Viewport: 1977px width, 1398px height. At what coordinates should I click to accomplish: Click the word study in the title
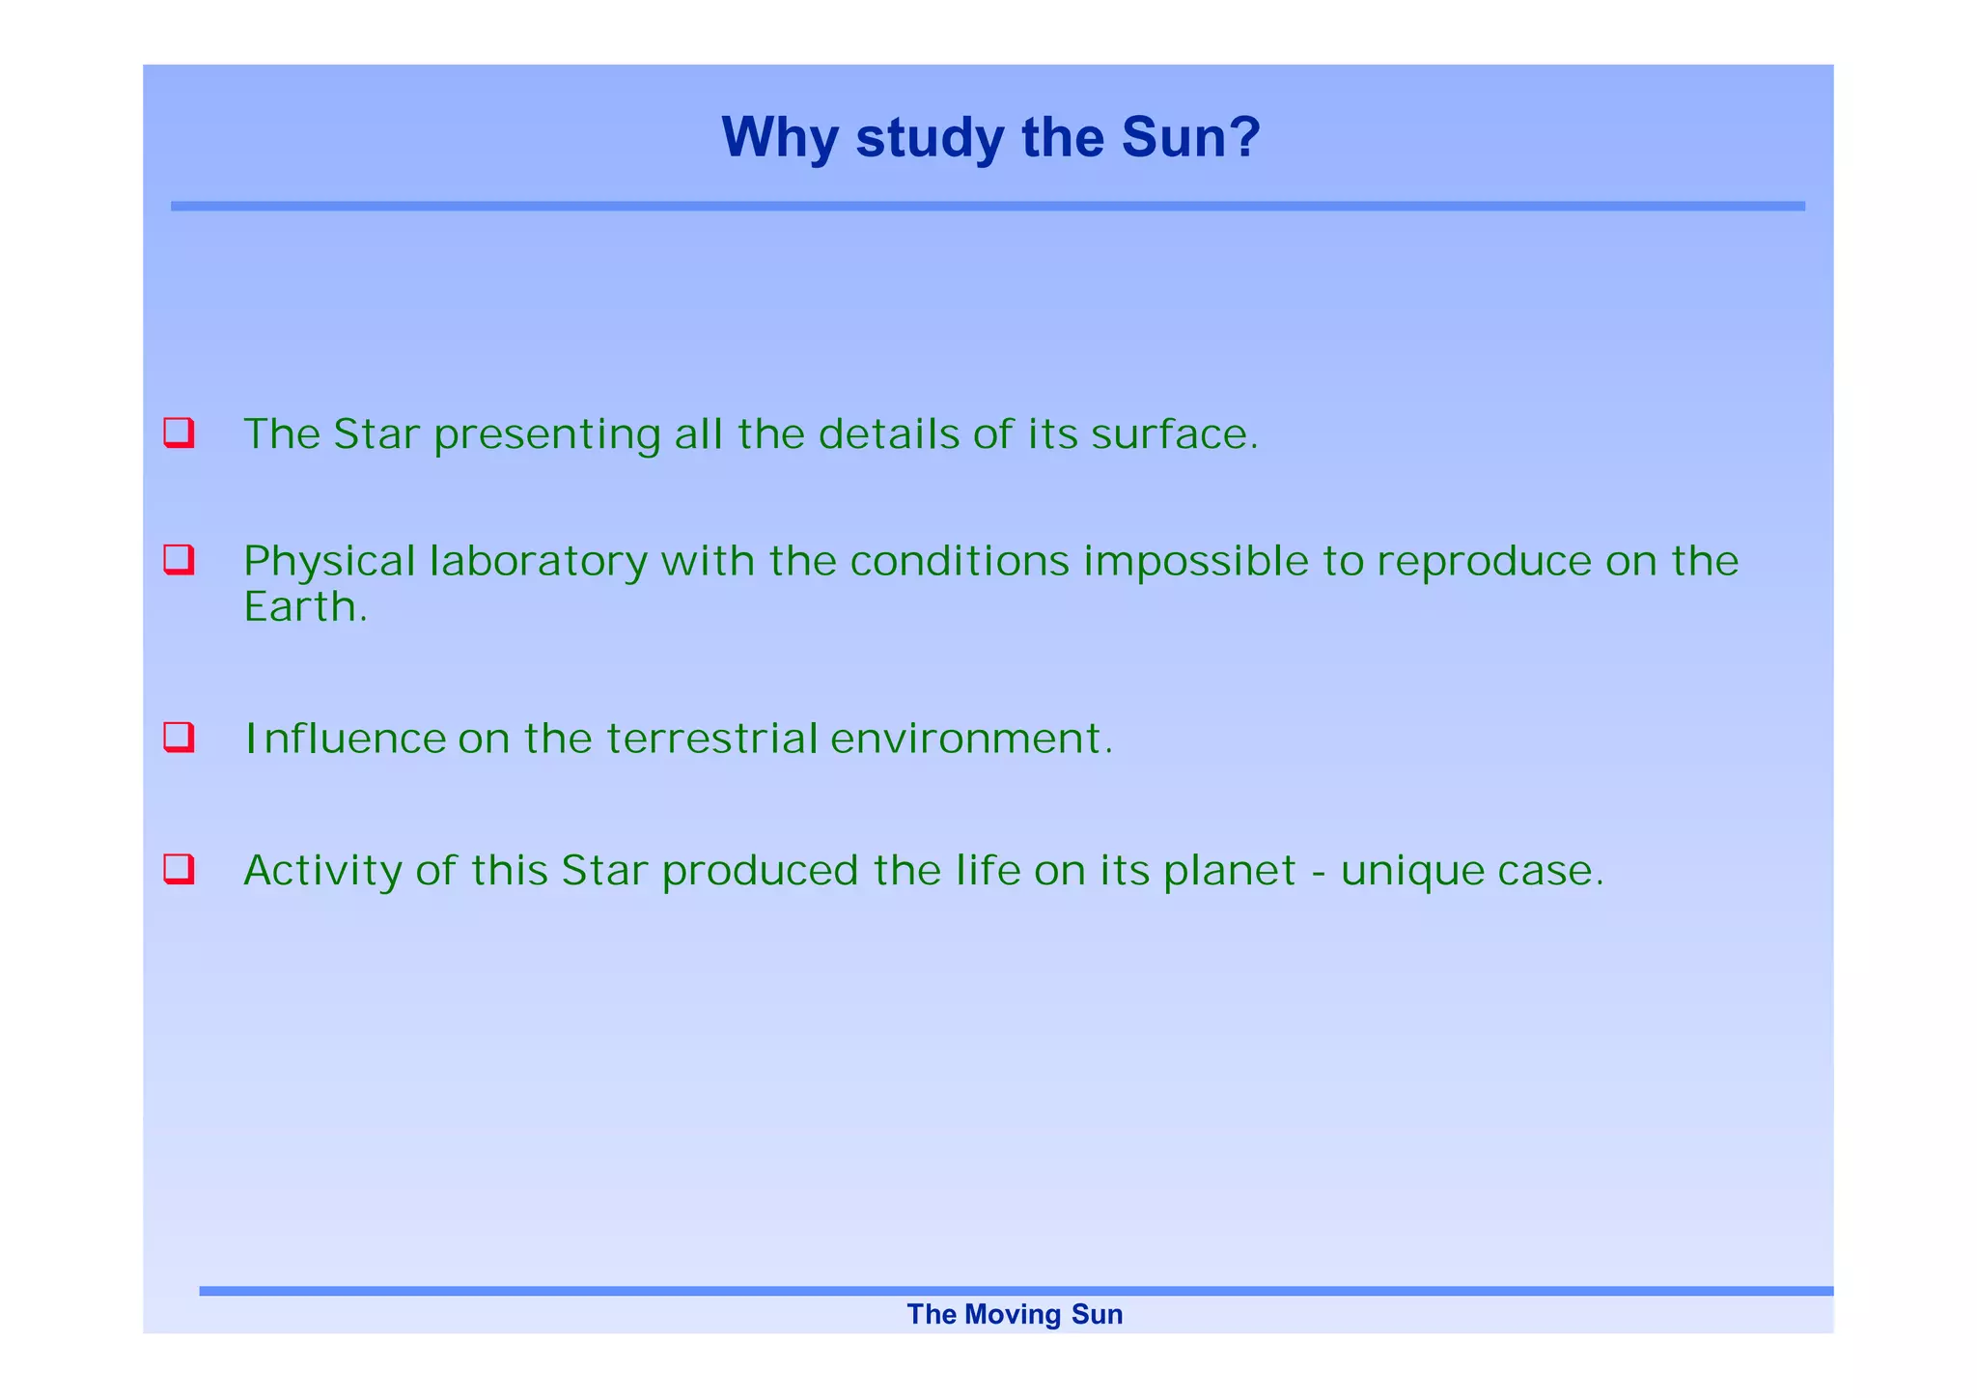pos(930,138)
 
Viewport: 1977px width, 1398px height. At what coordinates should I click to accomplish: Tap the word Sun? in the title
pos(1190,138)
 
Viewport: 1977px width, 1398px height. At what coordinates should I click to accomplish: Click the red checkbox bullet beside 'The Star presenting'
pos(179,433)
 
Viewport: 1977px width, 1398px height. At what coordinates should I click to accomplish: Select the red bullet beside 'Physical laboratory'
pos(179,559)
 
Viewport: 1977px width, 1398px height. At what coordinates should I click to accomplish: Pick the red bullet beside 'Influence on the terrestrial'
pos(179,737)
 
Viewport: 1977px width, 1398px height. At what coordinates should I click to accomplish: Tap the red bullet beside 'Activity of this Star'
pos(179,869)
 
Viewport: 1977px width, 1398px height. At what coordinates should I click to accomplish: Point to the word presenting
pos(546,436)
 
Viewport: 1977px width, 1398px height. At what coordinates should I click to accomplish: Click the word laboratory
pos(539,562)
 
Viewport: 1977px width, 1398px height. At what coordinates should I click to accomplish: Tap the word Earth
pos(304,607)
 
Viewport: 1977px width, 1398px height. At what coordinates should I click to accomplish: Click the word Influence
pos(345,740)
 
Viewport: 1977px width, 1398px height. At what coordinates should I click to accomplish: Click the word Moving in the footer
pos(1014,1315)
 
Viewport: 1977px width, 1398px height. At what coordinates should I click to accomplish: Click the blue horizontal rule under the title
pos(987,206)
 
